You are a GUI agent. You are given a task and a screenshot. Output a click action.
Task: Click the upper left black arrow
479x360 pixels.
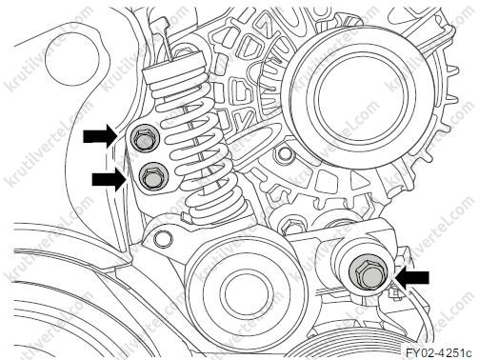point(101,136)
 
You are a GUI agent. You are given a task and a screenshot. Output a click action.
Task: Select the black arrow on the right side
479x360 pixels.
point(411,278)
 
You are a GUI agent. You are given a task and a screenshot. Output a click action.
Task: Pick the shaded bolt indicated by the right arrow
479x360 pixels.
point(369,274)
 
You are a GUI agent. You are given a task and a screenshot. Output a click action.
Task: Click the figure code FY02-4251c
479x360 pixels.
point(439,352)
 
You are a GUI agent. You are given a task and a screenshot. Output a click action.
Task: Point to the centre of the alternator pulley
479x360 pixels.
point(362,96)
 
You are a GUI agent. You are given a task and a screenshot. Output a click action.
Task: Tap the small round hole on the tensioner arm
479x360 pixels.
point(163,238)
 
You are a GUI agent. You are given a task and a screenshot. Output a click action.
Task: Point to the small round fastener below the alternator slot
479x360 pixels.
point(284,154)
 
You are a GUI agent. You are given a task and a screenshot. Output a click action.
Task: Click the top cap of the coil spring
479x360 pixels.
point(173,66)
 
